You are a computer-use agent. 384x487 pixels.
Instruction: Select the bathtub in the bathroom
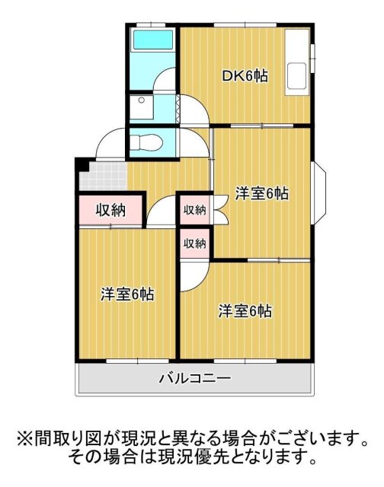[152, 42]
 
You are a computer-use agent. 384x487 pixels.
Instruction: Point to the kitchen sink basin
[296, 77]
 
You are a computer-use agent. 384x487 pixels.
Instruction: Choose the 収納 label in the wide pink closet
[110, 210]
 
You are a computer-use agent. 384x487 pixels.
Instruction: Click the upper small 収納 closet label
[194, 210]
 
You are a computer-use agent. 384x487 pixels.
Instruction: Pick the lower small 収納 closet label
[194, 243]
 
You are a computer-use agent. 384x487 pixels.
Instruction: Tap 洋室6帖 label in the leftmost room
[127, 294]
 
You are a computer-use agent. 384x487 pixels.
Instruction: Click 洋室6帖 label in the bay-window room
[261, 193]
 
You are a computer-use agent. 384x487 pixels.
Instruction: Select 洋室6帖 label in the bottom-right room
[245, 310]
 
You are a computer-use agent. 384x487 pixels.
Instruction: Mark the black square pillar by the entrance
[81, 165]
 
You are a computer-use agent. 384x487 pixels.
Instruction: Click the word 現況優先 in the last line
[198, 457]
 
